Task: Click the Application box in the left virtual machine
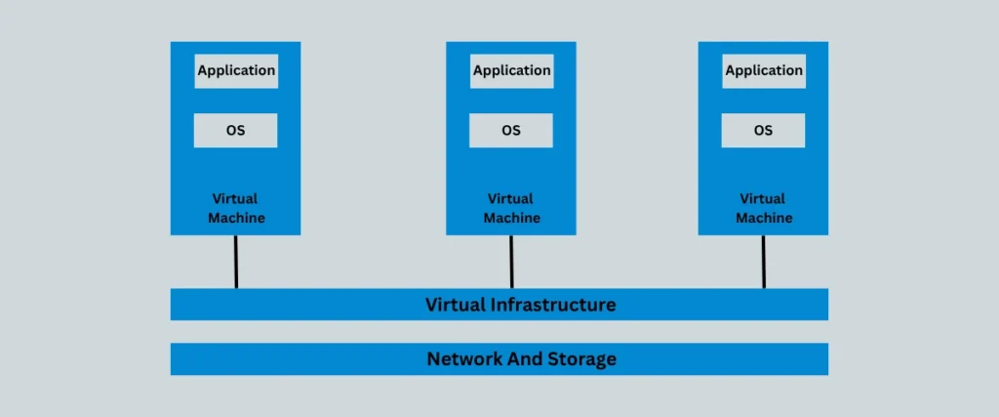[x=236, y=71]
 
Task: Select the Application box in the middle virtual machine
[x=511, y=71]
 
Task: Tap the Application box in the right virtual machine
[x=764, y=71]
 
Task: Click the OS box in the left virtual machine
[x=236, y=130]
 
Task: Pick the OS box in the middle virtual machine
[x=511, y=130]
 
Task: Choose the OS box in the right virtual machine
[x=764, y=130]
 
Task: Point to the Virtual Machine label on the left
[x=236, y=208]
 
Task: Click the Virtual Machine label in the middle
[x=511, y=208]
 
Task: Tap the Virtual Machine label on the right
[x=764, y=208]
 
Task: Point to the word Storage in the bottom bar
[x=581, y=359]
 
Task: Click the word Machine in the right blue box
[x=764, y=218]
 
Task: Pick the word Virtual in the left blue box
[x=236, y=199]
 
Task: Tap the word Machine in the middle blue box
[x=511, y=218]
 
